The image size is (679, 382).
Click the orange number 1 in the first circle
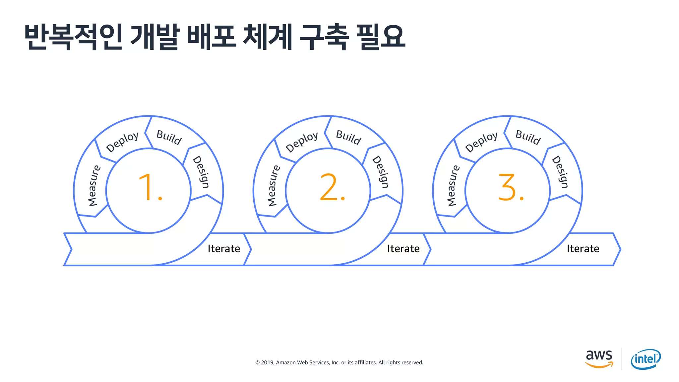[146, 187]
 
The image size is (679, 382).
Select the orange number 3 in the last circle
[507, 187]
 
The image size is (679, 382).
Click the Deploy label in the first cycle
[122, 142]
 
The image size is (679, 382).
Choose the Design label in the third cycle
[560, 172]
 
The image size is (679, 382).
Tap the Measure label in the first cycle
[94, 186]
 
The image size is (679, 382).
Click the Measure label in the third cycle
[453, 186]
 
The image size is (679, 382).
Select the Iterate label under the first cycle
[224, 249]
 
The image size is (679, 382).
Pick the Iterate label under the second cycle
[403, 249]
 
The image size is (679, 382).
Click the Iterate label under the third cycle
[583, 249]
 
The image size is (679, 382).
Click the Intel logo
[646, 359]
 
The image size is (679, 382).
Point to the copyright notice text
[339, 362]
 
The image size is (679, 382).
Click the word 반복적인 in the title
[73, 37]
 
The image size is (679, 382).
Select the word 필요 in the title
[381, 37]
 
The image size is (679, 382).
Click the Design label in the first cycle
[201, 172]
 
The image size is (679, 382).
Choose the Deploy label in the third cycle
[481, 142]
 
